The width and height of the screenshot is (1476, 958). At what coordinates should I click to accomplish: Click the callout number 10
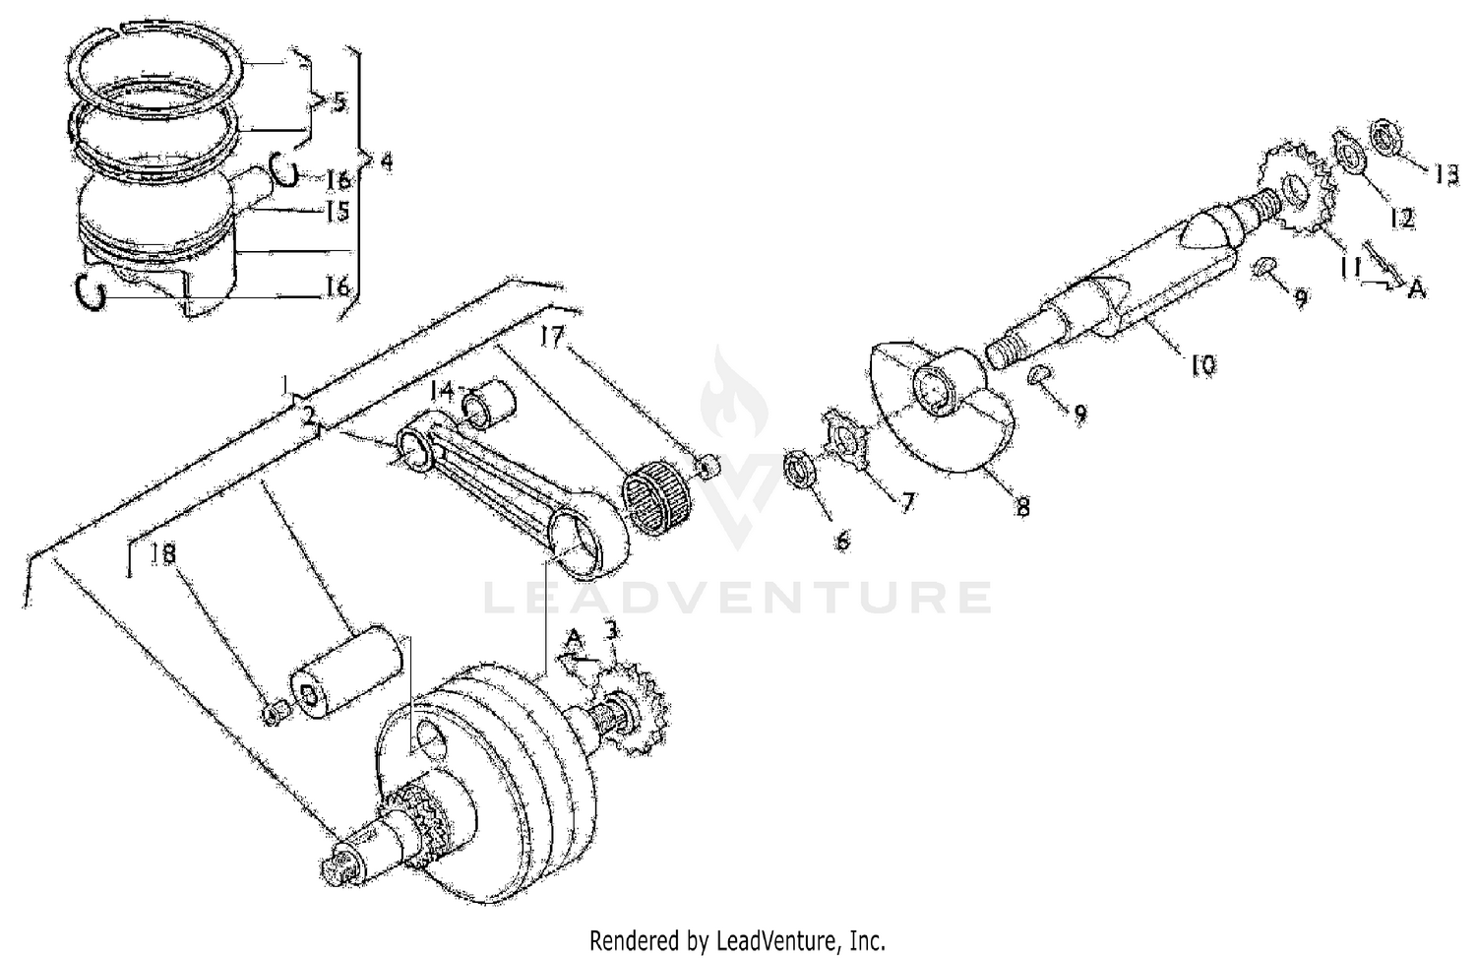click(1202, 364)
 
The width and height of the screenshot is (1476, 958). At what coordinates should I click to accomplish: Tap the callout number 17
click(554, 338)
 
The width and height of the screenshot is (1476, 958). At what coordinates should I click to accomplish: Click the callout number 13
click(1445, 174)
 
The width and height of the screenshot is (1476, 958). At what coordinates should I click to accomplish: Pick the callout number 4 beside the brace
click(386, 161)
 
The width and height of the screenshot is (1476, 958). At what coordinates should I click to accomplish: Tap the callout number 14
click(442, 390)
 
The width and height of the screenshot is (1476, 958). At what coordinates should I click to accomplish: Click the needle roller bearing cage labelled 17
click(660, 502)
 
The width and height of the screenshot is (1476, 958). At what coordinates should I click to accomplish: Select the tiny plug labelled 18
click(276, 712)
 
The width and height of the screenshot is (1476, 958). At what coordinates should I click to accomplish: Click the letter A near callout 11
click(1416, 287)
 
